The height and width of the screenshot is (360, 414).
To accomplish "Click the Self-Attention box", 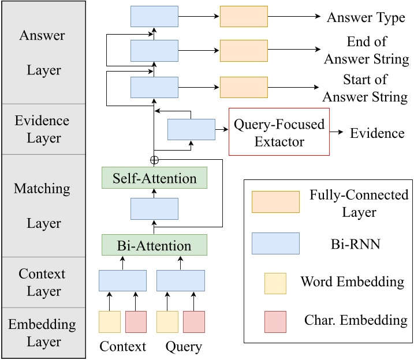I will (154, 178).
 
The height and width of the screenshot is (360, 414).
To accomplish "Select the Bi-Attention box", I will (154, 245).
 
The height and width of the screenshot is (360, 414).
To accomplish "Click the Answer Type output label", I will (365, 17).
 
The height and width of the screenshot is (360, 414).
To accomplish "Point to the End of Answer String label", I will (366, 51).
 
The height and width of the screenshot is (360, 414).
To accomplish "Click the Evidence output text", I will (377, 133).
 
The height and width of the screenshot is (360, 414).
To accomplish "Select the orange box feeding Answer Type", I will (244, 17).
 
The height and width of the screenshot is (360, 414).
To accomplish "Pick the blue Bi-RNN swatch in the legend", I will (275, 243).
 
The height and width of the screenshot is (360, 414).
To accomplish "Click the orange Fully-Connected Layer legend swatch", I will (275, 202).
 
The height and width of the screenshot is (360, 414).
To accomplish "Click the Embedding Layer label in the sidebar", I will (42, 332).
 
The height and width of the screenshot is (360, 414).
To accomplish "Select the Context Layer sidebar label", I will (42, 282).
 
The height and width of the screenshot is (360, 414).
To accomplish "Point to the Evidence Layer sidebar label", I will (42, 129).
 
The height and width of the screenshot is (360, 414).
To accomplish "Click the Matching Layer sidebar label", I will (42, 205).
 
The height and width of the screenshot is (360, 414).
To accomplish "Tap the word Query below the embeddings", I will (184, 347).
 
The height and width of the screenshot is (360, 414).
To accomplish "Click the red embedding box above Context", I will (136, 322).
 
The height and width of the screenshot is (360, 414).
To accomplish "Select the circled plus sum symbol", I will (154, 160).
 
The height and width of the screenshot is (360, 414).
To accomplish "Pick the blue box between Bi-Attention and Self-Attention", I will (154, 208).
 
